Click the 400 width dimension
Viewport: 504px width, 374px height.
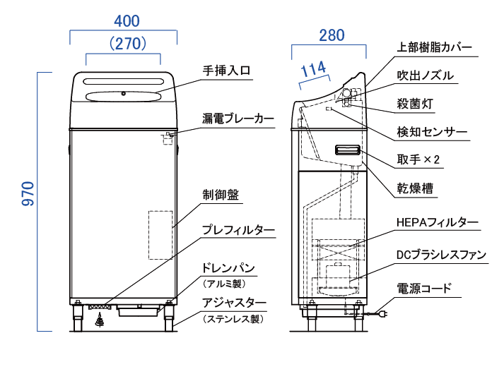point(123,20)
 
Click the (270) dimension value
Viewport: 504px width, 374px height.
point(123,43)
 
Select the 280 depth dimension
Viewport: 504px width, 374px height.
point(329,35)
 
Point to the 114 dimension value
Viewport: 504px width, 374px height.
point(313,70)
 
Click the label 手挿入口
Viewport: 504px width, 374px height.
point(227,71)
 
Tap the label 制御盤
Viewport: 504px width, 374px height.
point(221,194)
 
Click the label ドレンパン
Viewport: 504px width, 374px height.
point(228,269)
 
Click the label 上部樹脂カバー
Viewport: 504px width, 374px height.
point(434,47)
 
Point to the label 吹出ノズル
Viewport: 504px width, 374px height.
point(425,76)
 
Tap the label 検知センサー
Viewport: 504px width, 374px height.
point(431,132)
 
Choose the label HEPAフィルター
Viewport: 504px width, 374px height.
point(438,222)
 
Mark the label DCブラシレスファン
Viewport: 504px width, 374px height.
point(441,255)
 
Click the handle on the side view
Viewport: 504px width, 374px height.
point(348,150)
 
